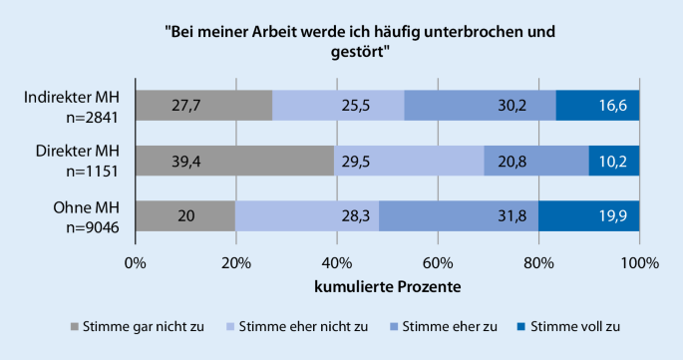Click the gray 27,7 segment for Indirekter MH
203,106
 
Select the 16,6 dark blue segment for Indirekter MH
597,106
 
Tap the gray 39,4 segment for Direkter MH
234,161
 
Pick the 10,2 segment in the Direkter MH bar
614,161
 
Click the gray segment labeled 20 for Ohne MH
184,216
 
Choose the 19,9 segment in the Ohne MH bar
589,216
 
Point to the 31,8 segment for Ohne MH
458,216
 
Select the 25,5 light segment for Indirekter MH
338,106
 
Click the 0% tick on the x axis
135,264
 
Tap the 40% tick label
336,264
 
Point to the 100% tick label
639,264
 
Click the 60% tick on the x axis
438,264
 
